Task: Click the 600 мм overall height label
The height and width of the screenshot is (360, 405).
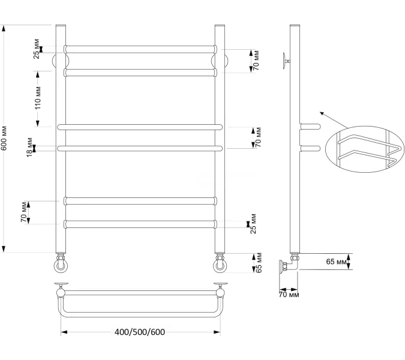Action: tap(5, 138)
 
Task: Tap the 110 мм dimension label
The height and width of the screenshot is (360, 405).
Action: tap(38, 98)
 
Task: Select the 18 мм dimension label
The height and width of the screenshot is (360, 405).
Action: tap(30, 148)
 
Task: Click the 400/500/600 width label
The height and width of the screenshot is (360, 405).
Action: tap(140, 332)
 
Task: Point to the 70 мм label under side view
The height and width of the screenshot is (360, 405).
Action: tap(289, 295)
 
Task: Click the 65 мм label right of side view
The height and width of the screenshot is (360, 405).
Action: tap(336, 262)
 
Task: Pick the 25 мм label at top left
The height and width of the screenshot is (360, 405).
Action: tap(37, 49)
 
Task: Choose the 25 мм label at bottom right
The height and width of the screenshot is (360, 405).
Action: tap(253, 224)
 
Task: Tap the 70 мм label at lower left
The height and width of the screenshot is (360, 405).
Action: tap(24, 212)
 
